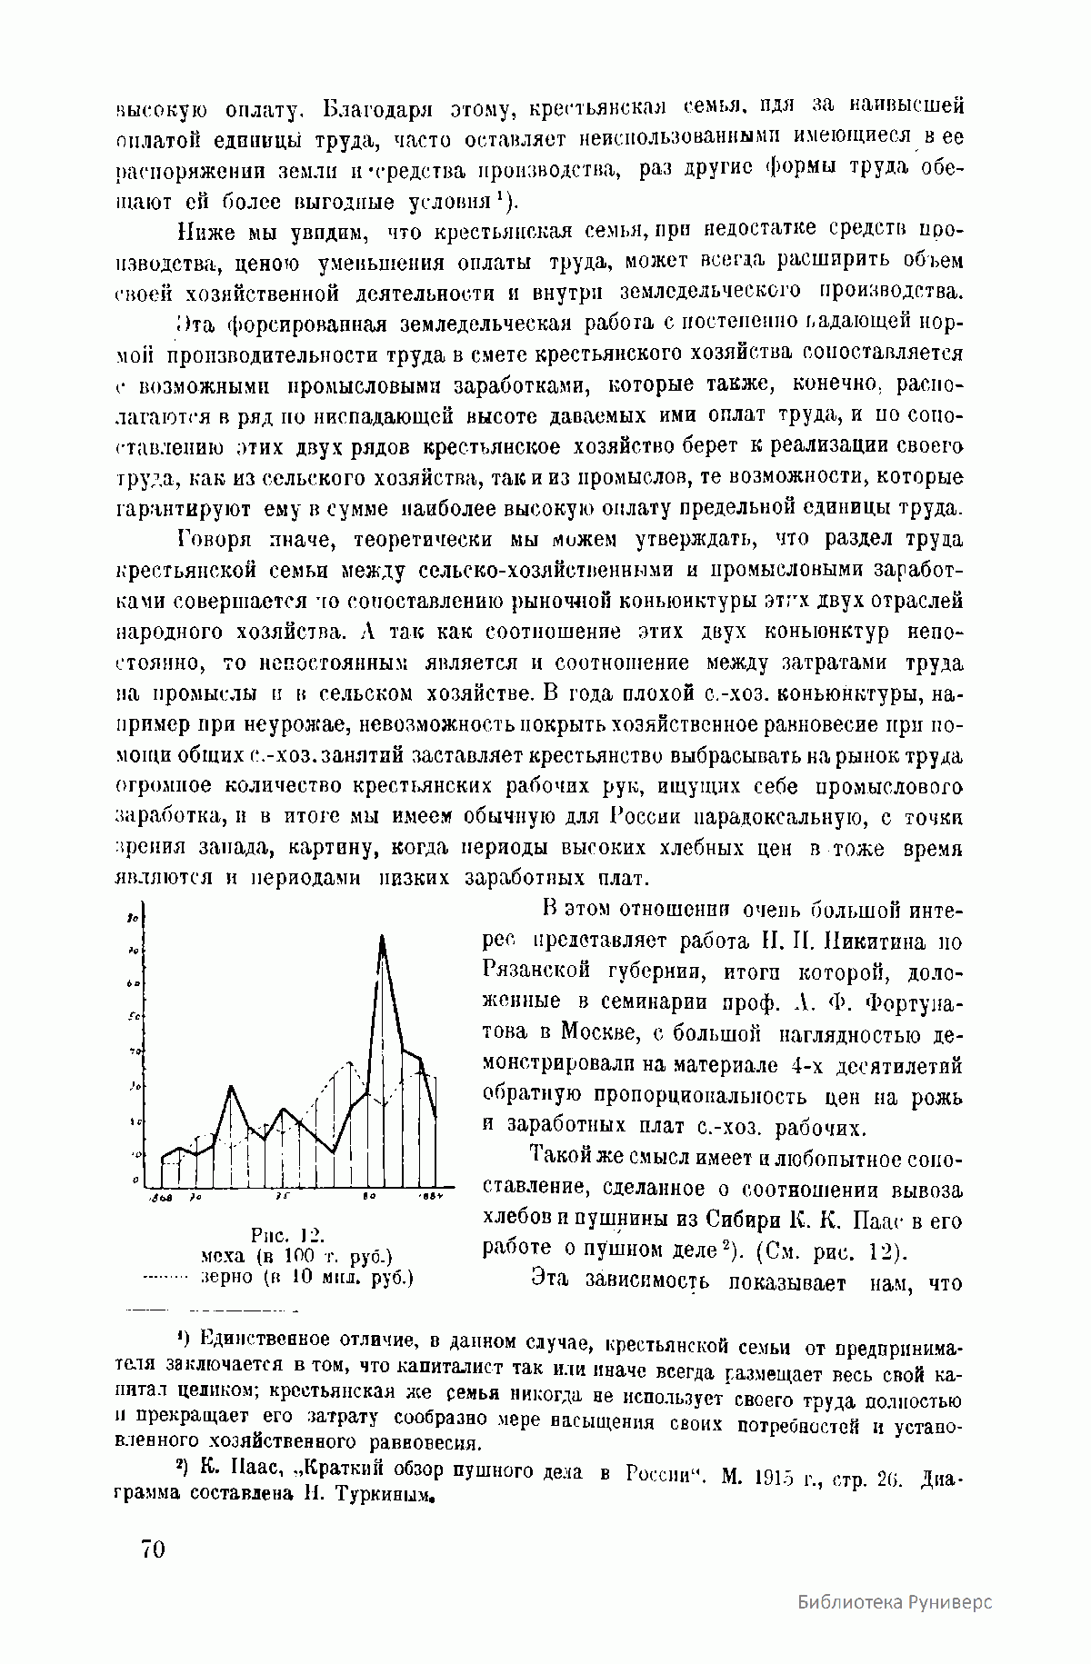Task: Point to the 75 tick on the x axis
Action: (282, 1197)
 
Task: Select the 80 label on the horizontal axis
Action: (369, 1197)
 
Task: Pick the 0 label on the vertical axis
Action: (135, 1180)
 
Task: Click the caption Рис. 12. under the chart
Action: (287, 1235)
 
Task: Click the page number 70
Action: (153, 1548)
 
